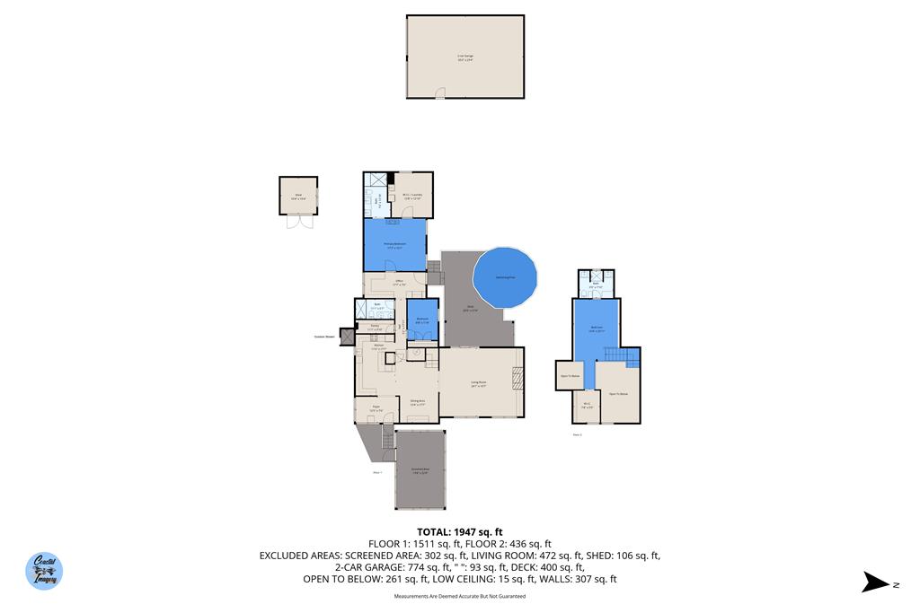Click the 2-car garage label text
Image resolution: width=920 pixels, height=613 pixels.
pyautogui.click(x=464, y=57)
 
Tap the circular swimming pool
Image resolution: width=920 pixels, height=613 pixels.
pyautogui.click(x=505, y=278)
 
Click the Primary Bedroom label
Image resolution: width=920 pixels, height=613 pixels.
pyautogui.click(x=395, y=244)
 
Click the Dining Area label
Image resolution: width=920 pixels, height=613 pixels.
pyautogui.click(x=417, y=402)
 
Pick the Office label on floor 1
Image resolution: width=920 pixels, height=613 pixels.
pyautogui.click(x=399, y=283)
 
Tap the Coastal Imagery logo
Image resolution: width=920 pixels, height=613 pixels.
pyautogui.click(x=45, y=570)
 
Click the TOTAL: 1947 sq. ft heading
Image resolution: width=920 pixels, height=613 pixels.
pyautogui.click(x=459, y=532)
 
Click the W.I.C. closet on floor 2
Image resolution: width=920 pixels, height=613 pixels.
pyautogui.click(x=587, y=405)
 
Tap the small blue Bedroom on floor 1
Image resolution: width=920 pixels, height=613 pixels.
pyautogui.click(x=421, y=320)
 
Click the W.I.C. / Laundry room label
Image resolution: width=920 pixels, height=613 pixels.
pyautogui.click(x=413, y=196)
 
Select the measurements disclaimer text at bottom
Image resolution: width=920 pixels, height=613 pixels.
pyautogui.click(x=459, y=596)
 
